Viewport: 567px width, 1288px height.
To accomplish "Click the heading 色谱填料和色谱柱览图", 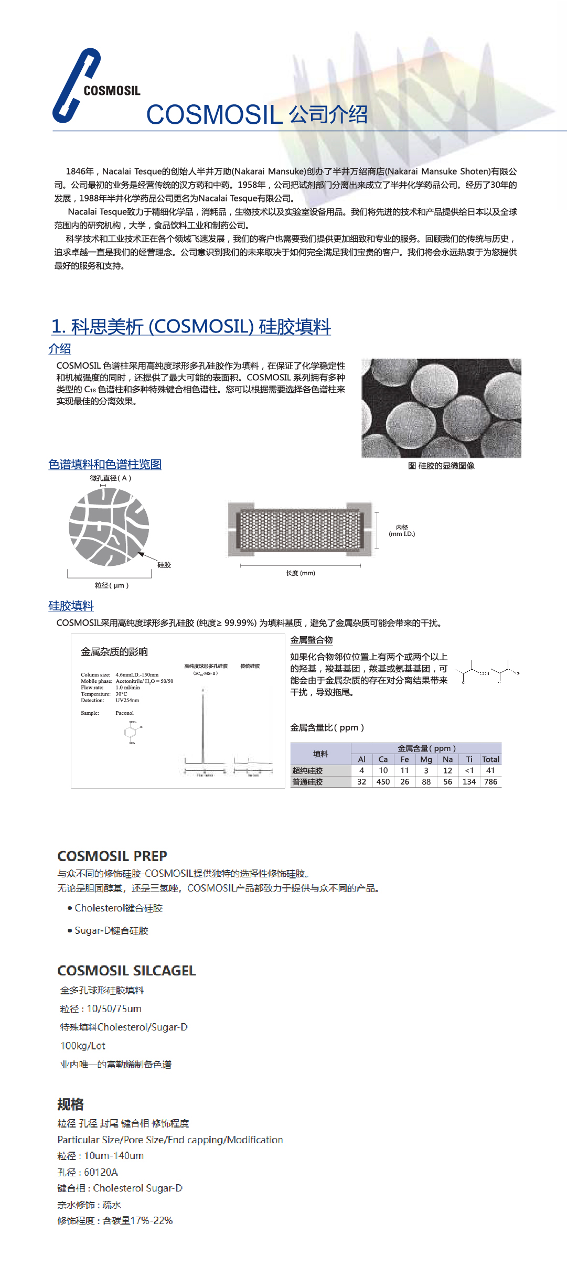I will click(105, 464).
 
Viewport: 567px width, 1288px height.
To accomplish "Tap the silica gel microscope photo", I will click(441, 408).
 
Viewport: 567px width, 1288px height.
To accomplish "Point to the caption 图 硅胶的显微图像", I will click(441, 466).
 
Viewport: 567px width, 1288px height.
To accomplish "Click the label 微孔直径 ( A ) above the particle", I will click(110, 478).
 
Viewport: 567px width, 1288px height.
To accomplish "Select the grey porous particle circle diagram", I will click(109, 527).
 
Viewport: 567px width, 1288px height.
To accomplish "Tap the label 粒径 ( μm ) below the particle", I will click(111, 585).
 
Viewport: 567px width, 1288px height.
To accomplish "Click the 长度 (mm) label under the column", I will click(301, 573).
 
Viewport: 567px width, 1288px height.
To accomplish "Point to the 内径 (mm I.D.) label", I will click(402, 531).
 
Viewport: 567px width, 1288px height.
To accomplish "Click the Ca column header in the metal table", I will click(383, 759).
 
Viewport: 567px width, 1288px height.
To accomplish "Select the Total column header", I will click(490, 759).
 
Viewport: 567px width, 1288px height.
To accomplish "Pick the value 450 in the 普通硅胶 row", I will click(383, 782).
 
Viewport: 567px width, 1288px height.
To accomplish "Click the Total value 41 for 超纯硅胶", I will click(490, 770).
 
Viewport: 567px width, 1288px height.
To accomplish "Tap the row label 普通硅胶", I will click(308, 782).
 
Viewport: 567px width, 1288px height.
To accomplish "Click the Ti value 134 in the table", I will click(469, 782).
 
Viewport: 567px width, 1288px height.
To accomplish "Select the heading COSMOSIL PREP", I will click(112, 856).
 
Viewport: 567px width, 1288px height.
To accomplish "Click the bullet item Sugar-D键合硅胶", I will click(111, 930).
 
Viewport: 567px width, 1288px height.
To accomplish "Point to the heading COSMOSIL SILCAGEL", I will click(126, 971).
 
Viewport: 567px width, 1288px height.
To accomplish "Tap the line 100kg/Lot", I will click(83, 1046).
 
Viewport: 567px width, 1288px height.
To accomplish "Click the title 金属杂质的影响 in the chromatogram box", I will click(114, 652).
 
